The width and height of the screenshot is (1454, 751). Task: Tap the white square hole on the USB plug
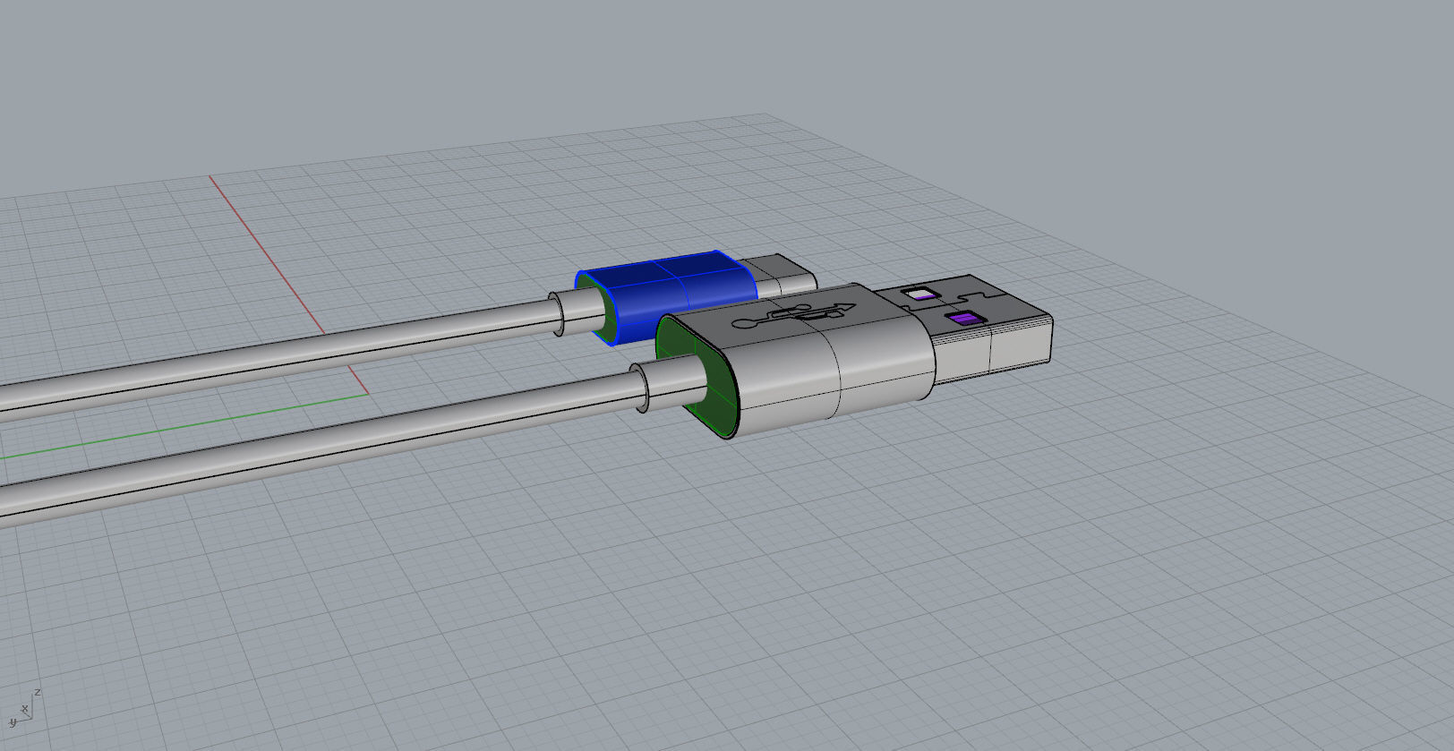(918, 293)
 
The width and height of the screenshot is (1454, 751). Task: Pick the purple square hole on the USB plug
(963, 319)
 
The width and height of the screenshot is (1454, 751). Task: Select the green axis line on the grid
(179, 426)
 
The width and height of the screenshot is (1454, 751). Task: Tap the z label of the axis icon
(38, 692)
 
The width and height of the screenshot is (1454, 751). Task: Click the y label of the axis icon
(13, 721)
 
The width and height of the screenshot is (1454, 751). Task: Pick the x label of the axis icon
(26, 710)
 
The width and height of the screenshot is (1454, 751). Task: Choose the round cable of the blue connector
(269, 358)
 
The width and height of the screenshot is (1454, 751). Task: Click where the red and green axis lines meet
(368, 393)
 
